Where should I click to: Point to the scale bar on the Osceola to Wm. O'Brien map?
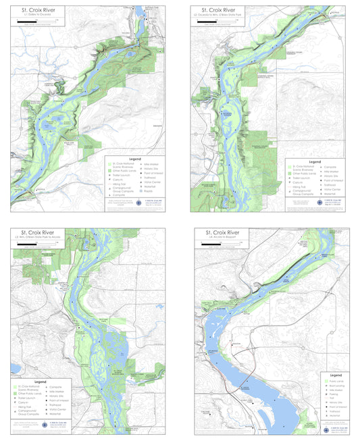coord(217,21)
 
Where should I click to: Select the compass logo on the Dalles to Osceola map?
coord(140,203)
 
